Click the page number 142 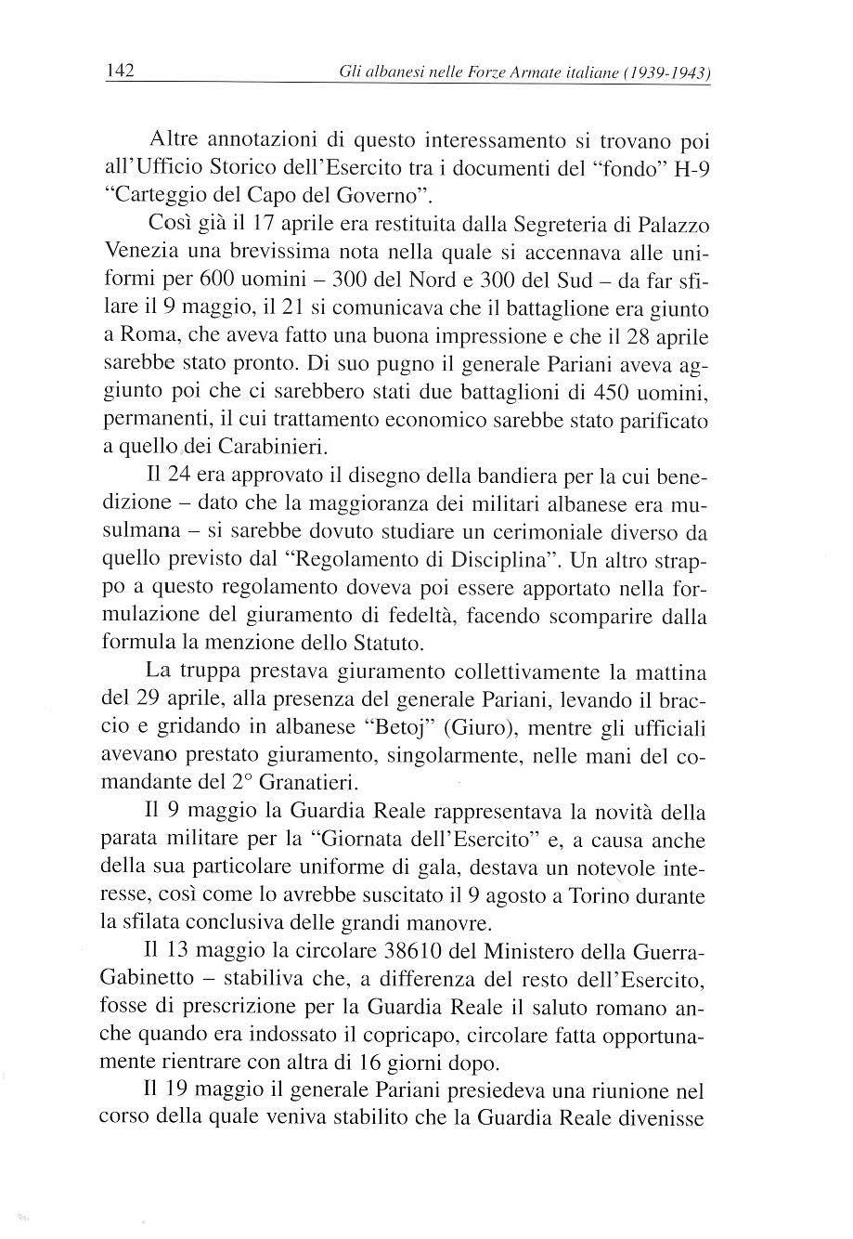tap(122, 71)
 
